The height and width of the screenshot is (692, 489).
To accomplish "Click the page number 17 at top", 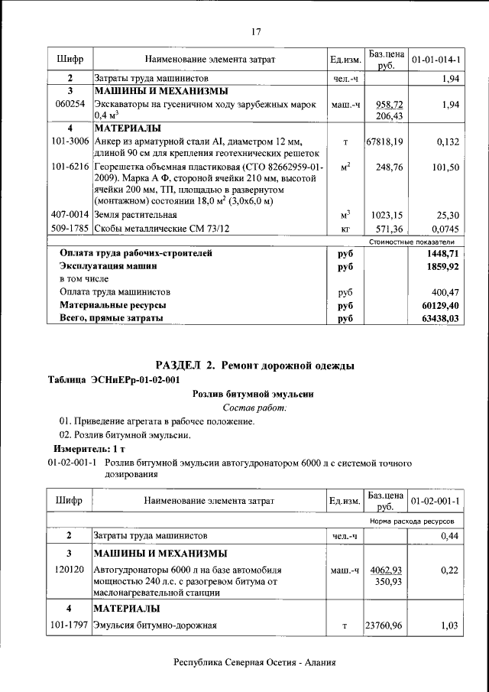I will (256, 31).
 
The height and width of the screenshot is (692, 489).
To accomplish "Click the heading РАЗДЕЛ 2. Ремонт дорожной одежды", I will (254, 365).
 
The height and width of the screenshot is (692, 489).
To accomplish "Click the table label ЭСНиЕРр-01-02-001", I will (114, 380).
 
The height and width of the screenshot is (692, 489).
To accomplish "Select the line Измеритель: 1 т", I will (83, 449).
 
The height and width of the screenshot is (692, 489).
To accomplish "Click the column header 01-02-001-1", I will (435, 501).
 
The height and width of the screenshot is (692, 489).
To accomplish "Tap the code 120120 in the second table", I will (70, 570).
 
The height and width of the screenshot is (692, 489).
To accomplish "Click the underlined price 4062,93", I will (386, 570).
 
